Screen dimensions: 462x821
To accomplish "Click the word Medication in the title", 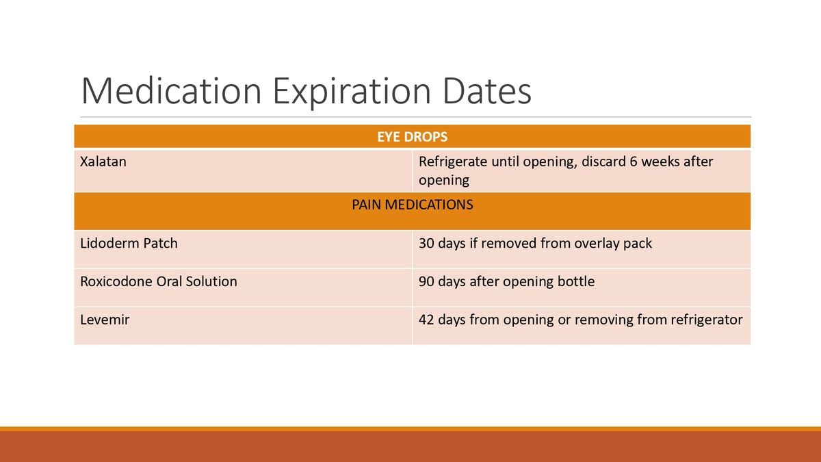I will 171,91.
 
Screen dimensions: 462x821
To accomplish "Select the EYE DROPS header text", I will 412,137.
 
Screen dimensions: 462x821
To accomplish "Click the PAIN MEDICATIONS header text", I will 412,205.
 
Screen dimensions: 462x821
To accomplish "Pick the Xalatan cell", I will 103,162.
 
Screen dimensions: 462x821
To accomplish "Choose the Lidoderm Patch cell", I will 129,243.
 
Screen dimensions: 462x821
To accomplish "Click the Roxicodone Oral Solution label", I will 159,281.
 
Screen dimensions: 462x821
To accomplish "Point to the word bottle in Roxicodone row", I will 575,281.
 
